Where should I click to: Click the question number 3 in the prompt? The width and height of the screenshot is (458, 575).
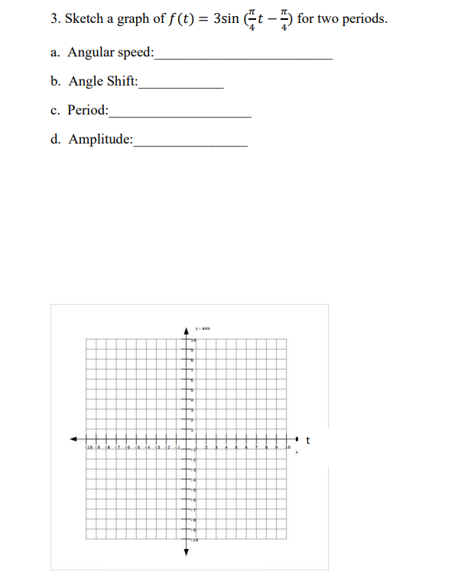click(55, 19)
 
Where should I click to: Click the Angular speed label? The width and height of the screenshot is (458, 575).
click(110, 53)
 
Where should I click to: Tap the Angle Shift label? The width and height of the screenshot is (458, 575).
click(103, 81)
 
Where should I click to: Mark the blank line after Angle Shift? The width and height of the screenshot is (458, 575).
click(181, 86)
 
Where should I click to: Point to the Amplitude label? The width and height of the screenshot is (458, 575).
click(100, 139)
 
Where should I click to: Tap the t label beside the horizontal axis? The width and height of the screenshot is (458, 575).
click(307, 439)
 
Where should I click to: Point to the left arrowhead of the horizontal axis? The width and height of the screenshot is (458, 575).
click(74, 439)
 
